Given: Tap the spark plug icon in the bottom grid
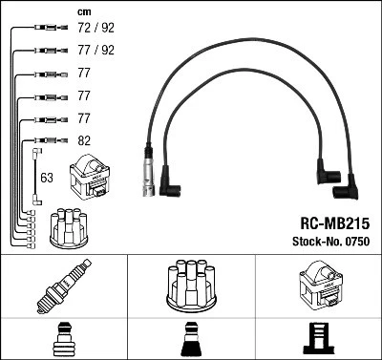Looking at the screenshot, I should [63, 286].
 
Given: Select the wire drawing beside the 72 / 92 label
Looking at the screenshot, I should [43, 29].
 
